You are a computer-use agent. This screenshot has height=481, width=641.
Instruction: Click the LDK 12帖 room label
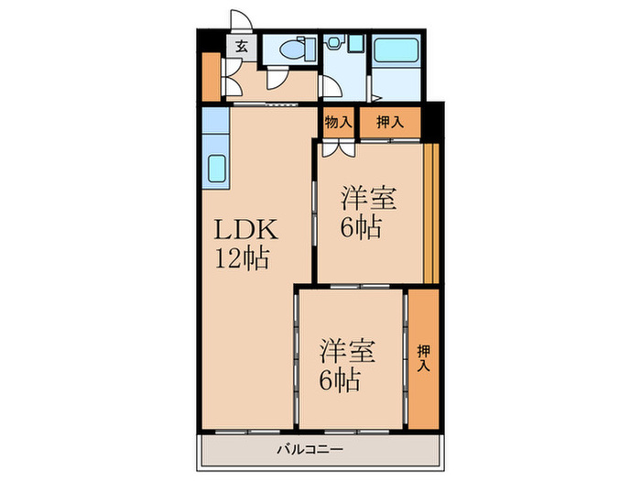[x=242, y=244]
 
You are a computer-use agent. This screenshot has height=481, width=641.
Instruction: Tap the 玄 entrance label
[x=241, y=46]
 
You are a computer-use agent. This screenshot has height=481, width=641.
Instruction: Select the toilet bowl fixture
[x=295, y=50]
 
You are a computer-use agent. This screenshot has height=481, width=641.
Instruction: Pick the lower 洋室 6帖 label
[x=339, y=362]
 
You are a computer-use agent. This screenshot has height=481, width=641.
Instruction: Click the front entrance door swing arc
[x=240, y=21]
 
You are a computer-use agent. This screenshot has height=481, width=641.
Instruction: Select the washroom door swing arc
[x=331, y=89]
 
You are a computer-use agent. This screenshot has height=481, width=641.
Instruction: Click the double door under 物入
[x=333, y=146]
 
